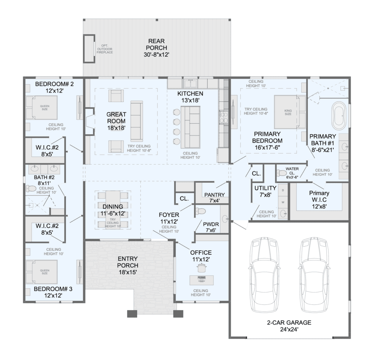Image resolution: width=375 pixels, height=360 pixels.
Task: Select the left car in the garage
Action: pos(264,274)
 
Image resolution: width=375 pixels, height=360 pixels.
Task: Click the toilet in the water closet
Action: pos(282,172)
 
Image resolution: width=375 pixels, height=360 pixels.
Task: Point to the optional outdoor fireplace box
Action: pos(89,49)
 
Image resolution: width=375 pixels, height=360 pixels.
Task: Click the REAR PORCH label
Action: pos(156,48)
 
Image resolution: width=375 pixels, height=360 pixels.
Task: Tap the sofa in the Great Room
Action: pos(137,121)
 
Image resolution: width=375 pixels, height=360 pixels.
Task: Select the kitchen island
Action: pos(190,127)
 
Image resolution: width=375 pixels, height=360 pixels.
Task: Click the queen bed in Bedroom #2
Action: pos(42,108)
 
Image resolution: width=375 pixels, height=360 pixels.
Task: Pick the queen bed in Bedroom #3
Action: pos(42,272)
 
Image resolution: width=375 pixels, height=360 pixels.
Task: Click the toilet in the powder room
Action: pos(200,211)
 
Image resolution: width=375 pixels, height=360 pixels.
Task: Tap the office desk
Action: pos(202,280)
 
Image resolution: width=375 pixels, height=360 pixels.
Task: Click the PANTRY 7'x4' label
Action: pos(215,198)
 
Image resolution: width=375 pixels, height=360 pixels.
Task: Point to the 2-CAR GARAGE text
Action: pos(289,322)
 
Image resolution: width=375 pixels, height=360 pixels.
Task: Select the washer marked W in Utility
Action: pos(283,202)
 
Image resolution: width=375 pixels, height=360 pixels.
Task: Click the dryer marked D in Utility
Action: pos(283,190)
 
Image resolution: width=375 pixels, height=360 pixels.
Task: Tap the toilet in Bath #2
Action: pos(31,188)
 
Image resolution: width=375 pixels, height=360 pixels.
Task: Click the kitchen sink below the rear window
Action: pos(190,84)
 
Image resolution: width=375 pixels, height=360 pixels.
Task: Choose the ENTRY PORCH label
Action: pos(128,265)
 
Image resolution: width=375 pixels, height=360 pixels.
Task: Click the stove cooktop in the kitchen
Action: pos(224,117)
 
